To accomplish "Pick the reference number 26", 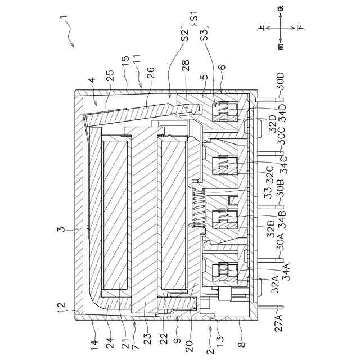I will point(150,71).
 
